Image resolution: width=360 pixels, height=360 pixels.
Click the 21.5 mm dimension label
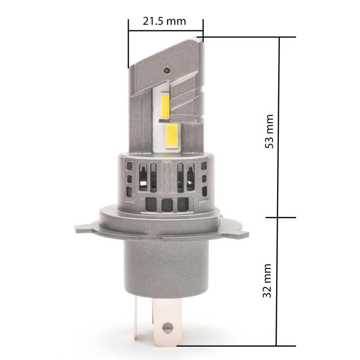tap(164, 22)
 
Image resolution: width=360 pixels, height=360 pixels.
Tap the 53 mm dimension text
tap(269, 131)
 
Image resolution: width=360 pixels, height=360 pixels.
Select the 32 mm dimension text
tap(267, 281)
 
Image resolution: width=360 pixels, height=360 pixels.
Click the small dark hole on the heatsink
tap(167, 70)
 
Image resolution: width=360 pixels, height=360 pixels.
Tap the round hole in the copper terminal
tap(167, 328)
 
